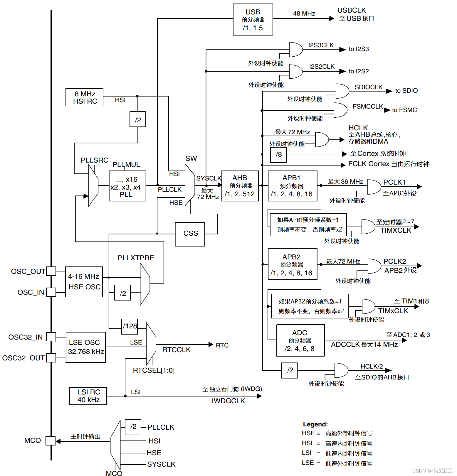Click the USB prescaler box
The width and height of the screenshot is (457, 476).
253,20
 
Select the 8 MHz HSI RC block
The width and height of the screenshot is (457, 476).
85,97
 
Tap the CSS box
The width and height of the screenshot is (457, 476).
190,234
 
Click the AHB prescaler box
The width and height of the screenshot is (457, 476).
240,186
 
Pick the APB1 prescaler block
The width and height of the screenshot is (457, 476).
293,186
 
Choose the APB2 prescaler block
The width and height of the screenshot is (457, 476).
293,264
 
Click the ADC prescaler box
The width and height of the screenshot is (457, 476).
300,340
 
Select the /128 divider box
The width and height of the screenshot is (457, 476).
130,326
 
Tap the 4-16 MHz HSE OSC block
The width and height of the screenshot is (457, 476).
84,282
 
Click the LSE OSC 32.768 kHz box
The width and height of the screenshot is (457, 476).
85,347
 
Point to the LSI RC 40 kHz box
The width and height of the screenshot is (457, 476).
88,396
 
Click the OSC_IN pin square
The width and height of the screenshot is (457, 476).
51,292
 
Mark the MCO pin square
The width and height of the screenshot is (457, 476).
51,441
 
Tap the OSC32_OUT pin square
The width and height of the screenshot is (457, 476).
51,358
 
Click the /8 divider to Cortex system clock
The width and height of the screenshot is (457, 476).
278,154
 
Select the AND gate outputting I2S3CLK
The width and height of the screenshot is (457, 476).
295,49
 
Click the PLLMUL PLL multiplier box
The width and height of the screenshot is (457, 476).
127,186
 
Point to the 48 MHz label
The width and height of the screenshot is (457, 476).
304,13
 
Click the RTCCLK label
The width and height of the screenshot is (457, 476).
177,350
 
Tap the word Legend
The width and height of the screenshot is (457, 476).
315,424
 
